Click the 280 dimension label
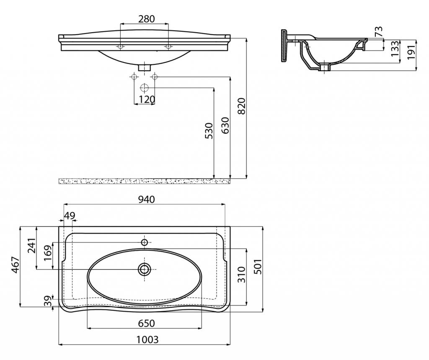point(146,19)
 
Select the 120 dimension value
point(147,100)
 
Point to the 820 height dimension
point(242,106)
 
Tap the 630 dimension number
point(225,126)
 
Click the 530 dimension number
point(209,131)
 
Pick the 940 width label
point(146,200)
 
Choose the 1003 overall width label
point(147,339)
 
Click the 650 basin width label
point(146,323)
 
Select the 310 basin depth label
point(241,275)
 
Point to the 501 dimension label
point(258,267)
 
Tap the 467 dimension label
point(15,265)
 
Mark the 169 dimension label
point(47,253)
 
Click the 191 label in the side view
point(411,51)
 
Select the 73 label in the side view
point(379,31)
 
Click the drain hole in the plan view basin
point(144,269)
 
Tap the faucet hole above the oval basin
point(145,242)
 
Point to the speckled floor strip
point(145,181)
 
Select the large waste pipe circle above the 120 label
point(144,88)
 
